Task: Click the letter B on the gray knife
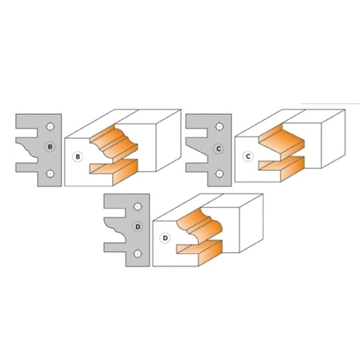pos(50,147)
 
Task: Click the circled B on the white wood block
pos(78,157)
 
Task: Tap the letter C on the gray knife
pos(218,149)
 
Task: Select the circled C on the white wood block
pos(248,157)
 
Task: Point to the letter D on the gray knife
pos(138,227)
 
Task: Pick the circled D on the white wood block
pos(165,238)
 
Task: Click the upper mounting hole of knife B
pos(50,127)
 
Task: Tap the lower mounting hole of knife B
pos(50,173)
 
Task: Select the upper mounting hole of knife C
pos(220,127)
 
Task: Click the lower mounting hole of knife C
pos(220,173)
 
